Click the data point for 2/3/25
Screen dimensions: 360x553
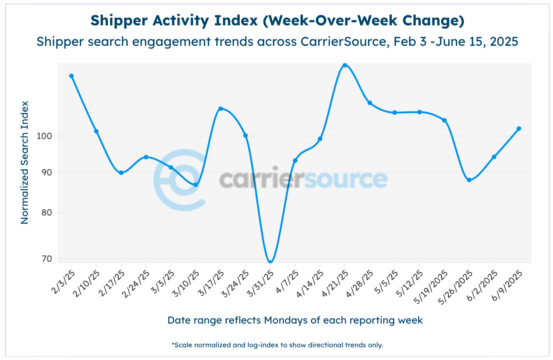point(71,76)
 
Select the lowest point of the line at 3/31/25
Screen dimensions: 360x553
point(270,262)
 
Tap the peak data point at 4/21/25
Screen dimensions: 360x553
point(345,65)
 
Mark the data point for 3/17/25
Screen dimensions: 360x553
point(220,109)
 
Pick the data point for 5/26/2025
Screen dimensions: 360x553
point(469,180)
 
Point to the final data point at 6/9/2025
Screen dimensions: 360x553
point(519,129)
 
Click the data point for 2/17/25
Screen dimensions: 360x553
point(121,173)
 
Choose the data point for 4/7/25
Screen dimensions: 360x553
point(295,161)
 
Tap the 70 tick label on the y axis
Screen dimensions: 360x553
point(47,259)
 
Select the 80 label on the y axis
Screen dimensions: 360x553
point(47,213)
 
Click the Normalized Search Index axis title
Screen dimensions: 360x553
point(25,162)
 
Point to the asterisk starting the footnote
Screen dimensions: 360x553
point(173,344)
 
